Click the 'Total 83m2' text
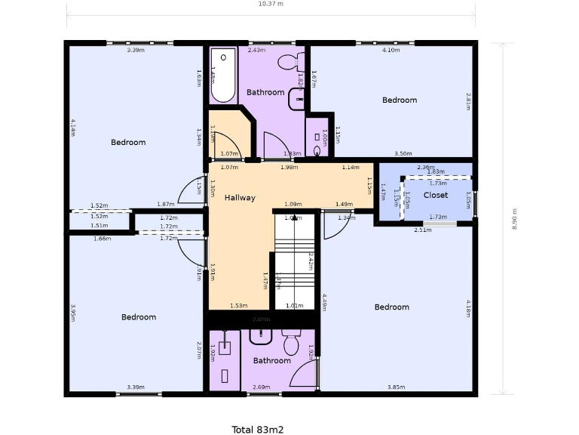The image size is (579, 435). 257,430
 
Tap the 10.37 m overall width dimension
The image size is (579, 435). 271,4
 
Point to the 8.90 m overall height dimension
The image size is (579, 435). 514,219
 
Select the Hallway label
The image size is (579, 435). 240,198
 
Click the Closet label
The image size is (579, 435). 435,195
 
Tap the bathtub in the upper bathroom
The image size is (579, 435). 222,76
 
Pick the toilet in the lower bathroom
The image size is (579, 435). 291,343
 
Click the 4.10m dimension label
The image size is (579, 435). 390,50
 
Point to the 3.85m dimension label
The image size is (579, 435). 397,387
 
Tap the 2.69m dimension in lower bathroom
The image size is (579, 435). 260,387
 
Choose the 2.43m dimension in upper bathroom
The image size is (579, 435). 256,50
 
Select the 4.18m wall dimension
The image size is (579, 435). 468,308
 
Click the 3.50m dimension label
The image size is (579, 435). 403,153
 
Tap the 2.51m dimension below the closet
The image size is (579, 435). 422,230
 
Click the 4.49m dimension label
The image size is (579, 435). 324,302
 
